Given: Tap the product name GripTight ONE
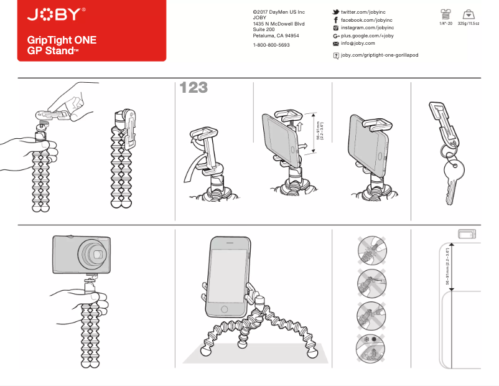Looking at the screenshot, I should [x=62, y=40].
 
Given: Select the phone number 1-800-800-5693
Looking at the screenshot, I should [x=271, y=45].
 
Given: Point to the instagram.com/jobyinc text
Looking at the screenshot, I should [x=367, y=28].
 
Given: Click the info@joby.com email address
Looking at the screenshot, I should [x=358, y=44].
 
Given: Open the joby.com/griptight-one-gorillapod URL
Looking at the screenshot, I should [x=380, y=55].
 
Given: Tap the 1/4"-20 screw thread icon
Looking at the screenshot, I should [x=445, y=14].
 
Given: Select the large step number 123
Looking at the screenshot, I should [x=193, y=88].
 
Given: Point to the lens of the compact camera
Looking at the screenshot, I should [x=96, y=254].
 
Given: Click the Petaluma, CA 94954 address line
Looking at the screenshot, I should [x=276, y=36].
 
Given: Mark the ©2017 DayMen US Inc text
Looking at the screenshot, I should [x=279, y=12].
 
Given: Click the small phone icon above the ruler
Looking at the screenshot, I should [x=467, y=233].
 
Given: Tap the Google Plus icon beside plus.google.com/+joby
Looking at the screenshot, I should [x=336, y=36].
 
